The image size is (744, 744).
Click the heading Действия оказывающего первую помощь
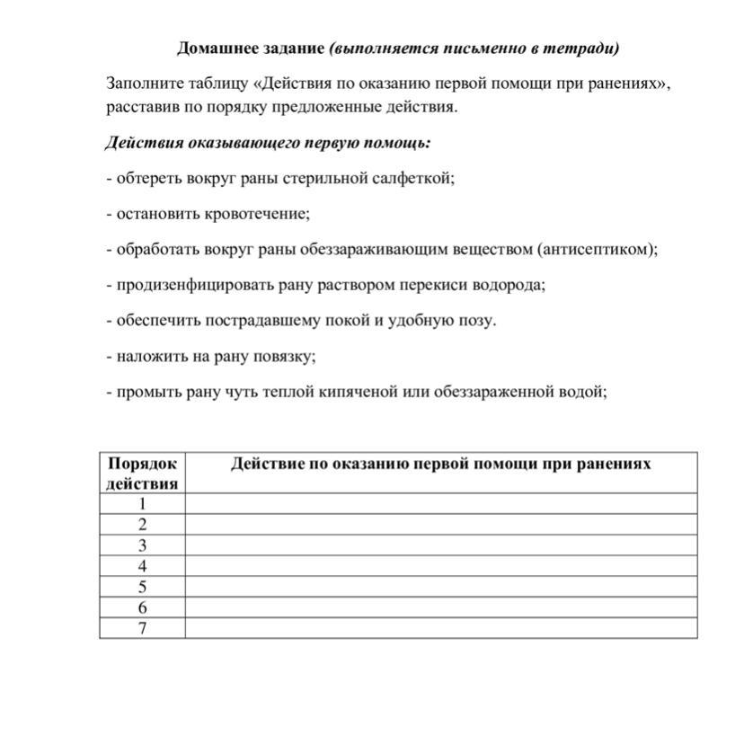click(268, 143)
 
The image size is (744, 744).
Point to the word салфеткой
click(414, 178)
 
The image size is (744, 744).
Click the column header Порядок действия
click(142, 473)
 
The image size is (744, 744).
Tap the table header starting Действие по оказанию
click(440, 464)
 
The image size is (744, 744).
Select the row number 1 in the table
click(142, 504)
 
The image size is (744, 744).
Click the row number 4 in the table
click(142, 566)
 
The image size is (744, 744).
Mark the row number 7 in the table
click(142, 628)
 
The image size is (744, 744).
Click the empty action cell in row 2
click(440, 525)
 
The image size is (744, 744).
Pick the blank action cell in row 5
click(440, 587)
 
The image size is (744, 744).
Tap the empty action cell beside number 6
click(440, 607)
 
